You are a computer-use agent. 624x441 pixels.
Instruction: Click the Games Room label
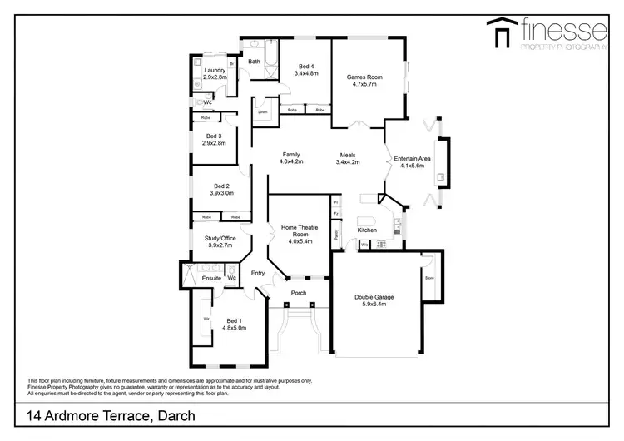pyautogui.click(x=362, y=77)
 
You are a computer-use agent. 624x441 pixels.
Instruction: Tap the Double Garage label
pyautogui.click(x=374, y=297)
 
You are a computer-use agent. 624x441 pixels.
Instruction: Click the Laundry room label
pyautogui.click(x=215, y=70)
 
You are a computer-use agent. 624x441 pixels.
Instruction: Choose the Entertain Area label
pyautogui.click(x=412, y=158)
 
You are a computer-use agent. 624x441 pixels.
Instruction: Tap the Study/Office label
pyautogui.click(x=220, y=239)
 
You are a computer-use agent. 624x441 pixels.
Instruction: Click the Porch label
pyautogui.click(x=298, y=292)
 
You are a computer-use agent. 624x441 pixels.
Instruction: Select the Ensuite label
pyautogui.click(x=211, y=277)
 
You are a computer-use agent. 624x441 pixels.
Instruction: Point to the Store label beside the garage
pyautogui.click(x=429, y=279)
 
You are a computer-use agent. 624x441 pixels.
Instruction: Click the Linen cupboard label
pyautogui.click(x=262, y=111)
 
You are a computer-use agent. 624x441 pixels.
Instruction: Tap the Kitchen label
pyautogui.click(x=367, y=230)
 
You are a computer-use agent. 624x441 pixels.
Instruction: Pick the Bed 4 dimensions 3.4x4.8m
pyautogui.click(x=306, y=73)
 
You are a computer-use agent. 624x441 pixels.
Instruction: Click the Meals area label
pyautogui.click(x=347, y=155)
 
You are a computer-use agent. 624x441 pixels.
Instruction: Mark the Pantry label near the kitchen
pyautogui.click(x=337, y=235)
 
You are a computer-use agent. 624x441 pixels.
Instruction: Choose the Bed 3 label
pyautogui.click(x=214, y=136)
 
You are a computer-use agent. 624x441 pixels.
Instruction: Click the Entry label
pyautogui.click(x=258, y=273)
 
